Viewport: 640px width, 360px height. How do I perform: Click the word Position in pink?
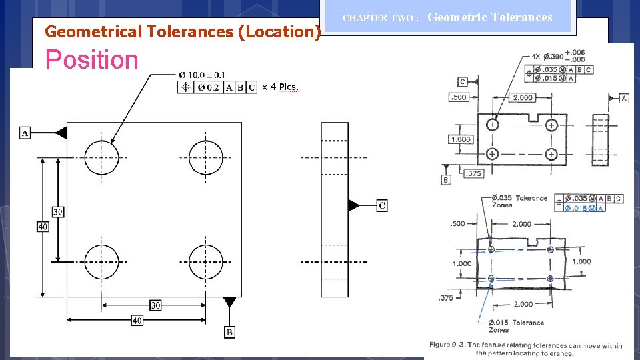91,60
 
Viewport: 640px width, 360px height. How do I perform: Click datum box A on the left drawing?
25,133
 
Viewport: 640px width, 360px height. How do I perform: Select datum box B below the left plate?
229,331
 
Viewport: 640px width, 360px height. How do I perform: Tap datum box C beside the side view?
382,205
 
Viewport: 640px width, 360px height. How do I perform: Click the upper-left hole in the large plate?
101,157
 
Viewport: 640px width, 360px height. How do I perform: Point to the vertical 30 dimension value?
58,211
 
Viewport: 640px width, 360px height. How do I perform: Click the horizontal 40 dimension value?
137,321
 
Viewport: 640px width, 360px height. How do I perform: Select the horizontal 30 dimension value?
155,305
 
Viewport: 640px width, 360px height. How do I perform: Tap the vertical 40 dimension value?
43,227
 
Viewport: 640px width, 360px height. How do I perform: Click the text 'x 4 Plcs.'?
280,87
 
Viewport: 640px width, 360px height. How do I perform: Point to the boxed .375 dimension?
473,173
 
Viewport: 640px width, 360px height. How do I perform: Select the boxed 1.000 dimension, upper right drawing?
460,139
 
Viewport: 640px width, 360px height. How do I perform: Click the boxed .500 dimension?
458,97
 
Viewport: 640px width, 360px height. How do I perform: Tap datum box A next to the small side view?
624,98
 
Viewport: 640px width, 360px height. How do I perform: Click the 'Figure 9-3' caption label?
448,345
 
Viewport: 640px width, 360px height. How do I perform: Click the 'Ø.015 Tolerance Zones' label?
517,326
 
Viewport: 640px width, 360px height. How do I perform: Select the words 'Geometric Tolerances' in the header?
490,17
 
